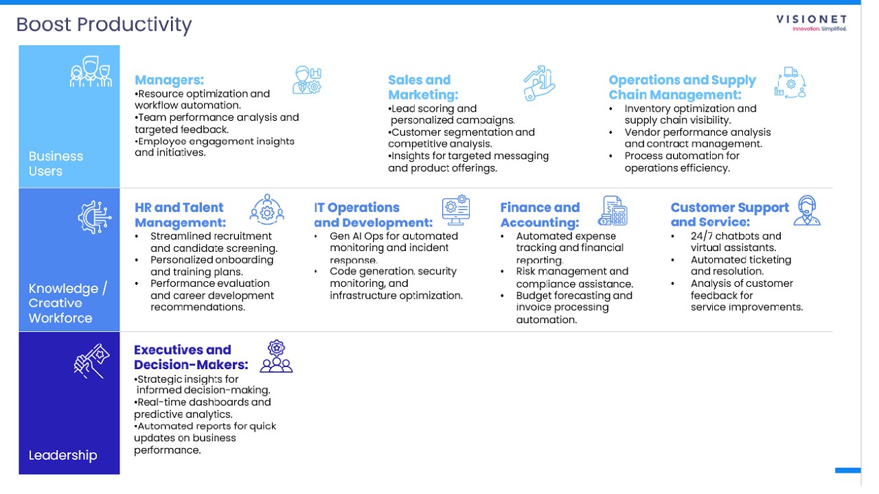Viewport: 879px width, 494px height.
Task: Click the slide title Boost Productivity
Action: pyautogui.click(x=104, y=25)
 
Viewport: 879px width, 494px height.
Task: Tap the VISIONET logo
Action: pyautogui.click(x=811, y=23)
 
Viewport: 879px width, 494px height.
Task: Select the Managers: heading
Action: pyautogui.click(x=169, y=80)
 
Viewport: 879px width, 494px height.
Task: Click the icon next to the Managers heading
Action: pyautogui.click(x=307, y=80)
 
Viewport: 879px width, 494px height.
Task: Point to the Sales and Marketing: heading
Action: pyautogui.click(x=423, y=87)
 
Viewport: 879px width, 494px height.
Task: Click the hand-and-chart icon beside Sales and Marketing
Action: pyautogui.click(x=539, y=83)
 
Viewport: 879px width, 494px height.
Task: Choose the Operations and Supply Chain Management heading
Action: pyautogui.click(x=682, y=87)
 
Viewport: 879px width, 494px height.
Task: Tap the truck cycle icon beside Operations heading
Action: pyautogui.click(x=790, y=83)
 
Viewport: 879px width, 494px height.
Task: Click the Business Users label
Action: pyautogui.click(x=56, y=163)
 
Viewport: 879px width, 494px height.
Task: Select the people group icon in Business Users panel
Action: pyautogui.click(x=91, y=71)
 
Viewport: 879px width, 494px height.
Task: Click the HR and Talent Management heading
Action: pyautogui.click(x=180, y=215)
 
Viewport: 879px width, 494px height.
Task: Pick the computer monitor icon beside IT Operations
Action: pyautogui.click(x=455, y=210)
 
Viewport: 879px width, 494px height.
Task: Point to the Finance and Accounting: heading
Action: pyautogui.click(x=540, y=215)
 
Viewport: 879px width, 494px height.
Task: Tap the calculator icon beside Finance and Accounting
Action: pyautogui.click(x=613, y=211)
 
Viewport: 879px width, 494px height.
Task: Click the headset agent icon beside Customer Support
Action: pyautogui.click(x=807, y=210)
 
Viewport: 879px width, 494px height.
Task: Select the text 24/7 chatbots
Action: pyautogui.click(x=725, y=236)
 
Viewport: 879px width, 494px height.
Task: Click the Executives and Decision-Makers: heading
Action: pyautogui.click(x=191, y=357)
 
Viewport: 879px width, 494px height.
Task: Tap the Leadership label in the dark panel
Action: pyautogui.click(x=62, y=455)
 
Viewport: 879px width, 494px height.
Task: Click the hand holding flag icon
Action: pyautogui.click(x=92, y=361)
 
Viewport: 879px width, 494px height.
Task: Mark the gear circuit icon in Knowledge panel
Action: pyautogui.click(x=95, y=217)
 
